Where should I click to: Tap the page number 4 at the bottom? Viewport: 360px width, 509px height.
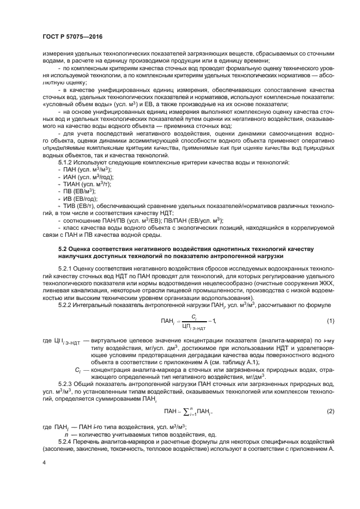(44, 462)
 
